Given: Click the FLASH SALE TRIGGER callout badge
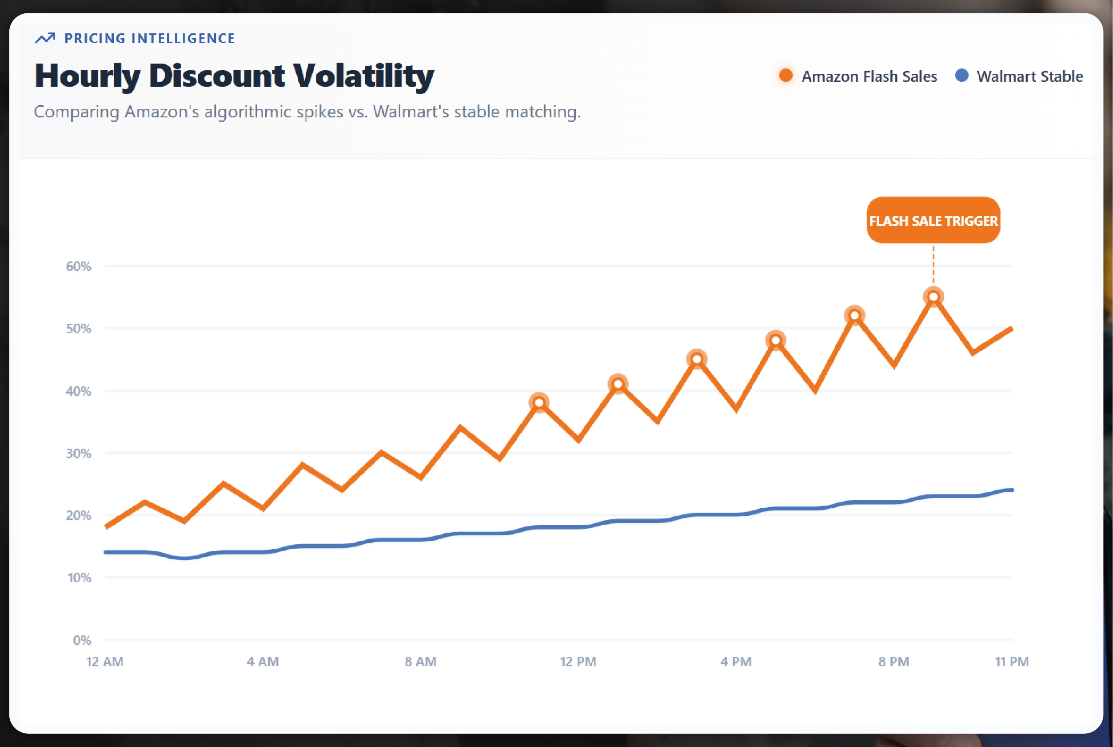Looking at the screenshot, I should coord(933,220).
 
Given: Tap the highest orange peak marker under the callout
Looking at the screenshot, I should coord(933,297).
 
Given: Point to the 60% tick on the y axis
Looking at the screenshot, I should coord(79,266).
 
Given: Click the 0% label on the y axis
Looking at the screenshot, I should coord(82,640).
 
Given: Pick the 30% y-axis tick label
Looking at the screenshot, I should coord(79,453).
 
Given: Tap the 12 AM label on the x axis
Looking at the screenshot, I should coord(105,661).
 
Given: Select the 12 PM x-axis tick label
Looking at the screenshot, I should coord(578,661).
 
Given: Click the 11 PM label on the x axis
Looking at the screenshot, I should coord(1012,661).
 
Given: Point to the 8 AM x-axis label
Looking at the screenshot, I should coord(420,661).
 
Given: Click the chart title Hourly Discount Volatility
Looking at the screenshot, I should coord(234,76).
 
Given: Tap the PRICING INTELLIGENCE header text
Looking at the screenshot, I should coord(149,39).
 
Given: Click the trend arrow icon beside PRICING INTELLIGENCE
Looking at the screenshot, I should coord(45,38).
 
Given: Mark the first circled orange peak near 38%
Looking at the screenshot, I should coord(539,403).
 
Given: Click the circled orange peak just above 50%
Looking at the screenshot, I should coord(854,315).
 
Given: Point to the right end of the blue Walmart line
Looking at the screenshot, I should coord(1011,490).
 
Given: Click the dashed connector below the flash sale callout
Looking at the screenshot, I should coord(933,265).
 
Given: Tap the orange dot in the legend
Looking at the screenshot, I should coord(786,76).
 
